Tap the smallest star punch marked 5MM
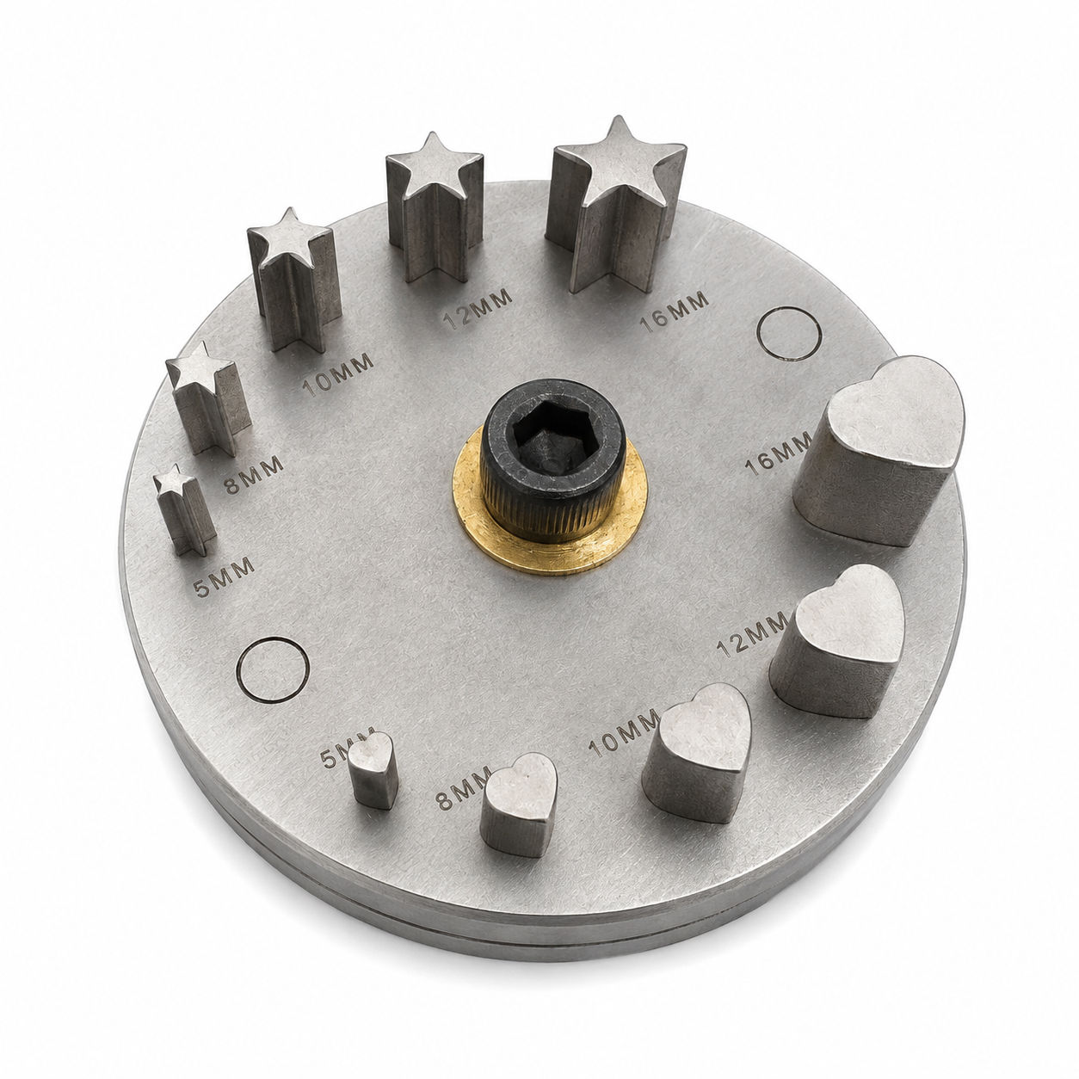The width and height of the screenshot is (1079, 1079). tap(183, 509)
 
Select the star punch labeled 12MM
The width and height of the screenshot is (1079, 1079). tap(435, 207)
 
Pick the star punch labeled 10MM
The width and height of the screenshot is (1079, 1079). tap(294, 280)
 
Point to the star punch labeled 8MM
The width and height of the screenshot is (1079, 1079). tap(208, 398)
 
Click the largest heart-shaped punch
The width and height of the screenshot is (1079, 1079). tap(879, 452)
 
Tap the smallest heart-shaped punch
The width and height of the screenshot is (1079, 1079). tap(373, 770)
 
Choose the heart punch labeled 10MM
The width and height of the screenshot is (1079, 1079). tap(696, 752)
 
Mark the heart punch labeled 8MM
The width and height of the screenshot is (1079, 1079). tap(519, 805)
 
